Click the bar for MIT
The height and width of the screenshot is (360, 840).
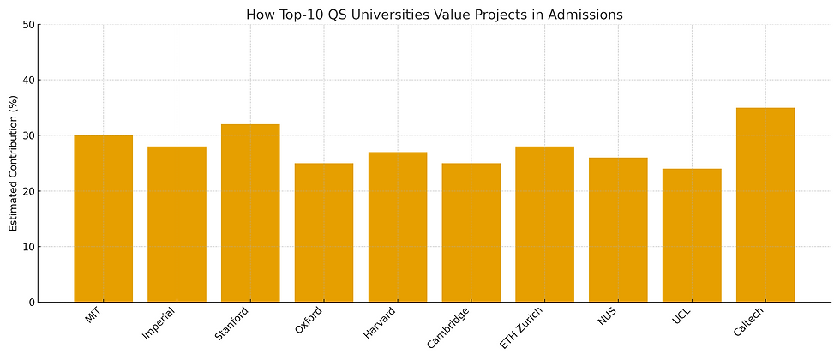[103, 219]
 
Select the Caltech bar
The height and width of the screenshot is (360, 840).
[765, 205]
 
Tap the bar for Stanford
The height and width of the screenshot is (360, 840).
[250, 213]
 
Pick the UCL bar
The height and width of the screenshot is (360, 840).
[692, 235]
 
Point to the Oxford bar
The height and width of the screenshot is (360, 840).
[324, 232]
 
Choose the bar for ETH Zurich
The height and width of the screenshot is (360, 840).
[544, 225]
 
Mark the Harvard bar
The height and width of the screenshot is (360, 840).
[398, 227]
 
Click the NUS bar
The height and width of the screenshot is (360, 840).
[618, 230]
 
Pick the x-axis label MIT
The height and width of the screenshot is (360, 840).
[93, 315]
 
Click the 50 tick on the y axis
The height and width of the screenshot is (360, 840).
[29, 25]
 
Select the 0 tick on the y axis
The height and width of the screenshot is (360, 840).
[32, 303]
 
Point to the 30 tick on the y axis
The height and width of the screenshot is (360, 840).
[29, 135]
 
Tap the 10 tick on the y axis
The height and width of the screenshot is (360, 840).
[29, 247]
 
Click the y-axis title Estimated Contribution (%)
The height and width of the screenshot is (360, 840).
[14, 164]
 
